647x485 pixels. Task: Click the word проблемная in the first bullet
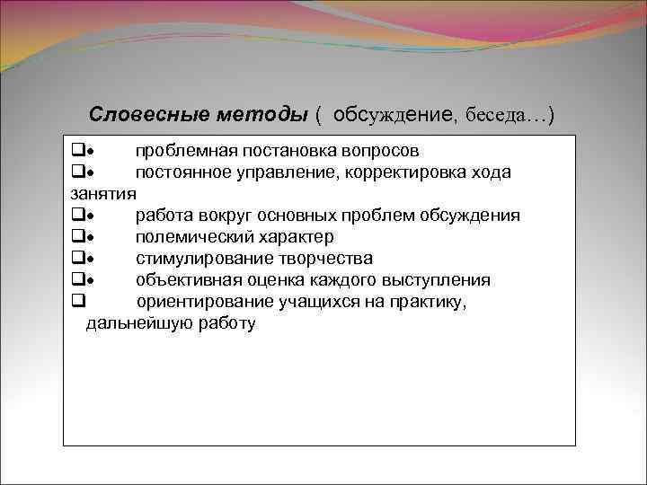click(x=182, y=150)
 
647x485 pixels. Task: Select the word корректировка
click(x=404, y=172)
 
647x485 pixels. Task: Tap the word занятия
click(x=102, y=193)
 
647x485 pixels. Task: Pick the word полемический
click(x=191, y=237)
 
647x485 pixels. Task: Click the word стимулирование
click(x=195, y=259)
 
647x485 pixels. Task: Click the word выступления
click(x=438, y=280)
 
